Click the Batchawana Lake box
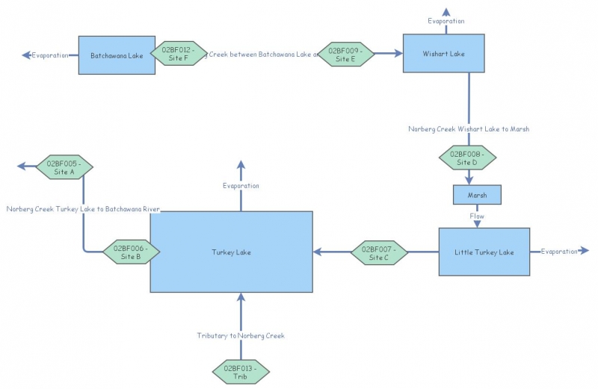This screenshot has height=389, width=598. pos(117,55)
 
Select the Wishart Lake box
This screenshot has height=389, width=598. pos(444,53)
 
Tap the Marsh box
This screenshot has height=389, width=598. pos(477,195)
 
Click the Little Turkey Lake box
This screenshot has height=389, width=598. pos(484,252)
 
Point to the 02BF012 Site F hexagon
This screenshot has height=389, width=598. pos(179,54)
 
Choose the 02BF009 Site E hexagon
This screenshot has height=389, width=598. pos(345,54)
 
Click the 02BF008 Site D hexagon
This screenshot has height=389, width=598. pos(468,158)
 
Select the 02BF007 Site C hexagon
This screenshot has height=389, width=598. pos(380,252)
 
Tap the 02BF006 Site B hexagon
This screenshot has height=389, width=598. pos(131,252)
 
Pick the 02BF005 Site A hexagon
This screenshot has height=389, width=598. pos(64,167)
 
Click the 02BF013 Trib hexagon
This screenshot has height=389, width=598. pos(241,371)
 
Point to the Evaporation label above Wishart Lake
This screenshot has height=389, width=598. pos(446,22)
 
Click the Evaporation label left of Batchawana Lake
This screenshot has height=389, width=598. pos(50,55)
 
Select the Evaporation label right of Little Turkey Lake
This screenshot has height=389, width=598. pos(559,252)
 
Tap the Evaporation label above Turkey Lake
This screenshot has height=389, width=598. pos(241,185)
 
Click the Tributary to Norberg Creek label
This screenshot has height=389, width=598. pos(241,336)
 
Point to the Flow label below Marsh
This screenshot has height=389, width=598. pos(477,217)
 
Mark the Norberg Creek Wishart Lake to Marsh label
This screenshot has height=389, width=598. pos(469,129)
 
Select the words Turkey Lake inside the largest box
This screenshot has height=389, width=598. pos(231,252)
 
